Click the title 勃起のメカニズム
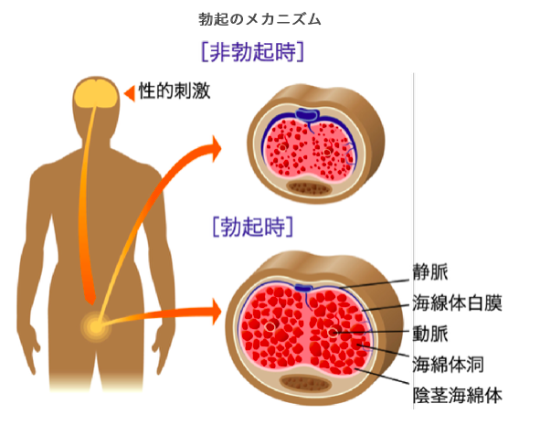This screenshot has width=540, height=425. pyautogui.click(x=259, y=19)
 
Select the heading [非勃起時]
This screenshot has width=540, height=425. pyautogui.click(x=252, y=52)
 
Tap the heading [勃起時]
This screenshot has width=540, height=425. pyautogui.click(x=253, y=227)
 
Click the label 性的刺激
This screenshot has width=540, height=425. pyautogui.click(x=175, y=91)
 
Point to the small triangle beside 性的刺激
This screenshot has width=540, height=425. pyautogui.click(x=130, y=93)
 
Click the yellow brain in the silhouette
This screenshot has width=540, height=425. pyautogui.click(x=95, y=93)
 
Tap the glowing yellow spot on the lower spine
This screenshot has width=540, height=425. pyautogui.click(x=96, y=326)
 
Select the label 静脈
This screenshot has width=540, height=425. pyautogui.click(x=430, y=272)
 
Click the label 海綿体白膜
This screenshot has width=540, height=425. pyautogui.click(x=458, y=303)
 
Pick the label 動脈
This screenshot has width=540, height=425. pyautogui.click(x=430, y=334)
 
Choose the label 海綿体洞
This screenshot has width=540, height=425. pyautogui.click(x=449, y=364)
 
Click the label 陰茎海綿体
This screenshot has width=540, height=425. pyautogui.click(x=458, y=395)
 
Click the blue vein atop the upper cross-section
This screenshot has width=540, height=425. pyautogui.click(x=308, y=114)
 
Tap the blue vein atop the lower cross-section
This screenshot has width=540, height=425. pyautogui.click(x=303, y=288)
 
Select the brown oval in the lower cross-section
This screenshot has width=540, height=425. pyautogui.click(x=306, y=383)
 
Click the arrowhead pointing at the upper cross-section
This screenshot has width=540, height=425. pyautogui.click(x=216, y=149)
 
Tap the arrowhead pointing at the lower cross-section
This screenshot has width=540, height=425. pyautogui.click(x=216, y=312)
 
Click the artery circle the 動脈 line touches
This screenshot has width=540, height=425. pyautogui.click(x=333, y=333)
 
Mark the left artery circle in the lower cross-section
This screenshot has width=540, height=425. pyautogui.click(x=270, y=325)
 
